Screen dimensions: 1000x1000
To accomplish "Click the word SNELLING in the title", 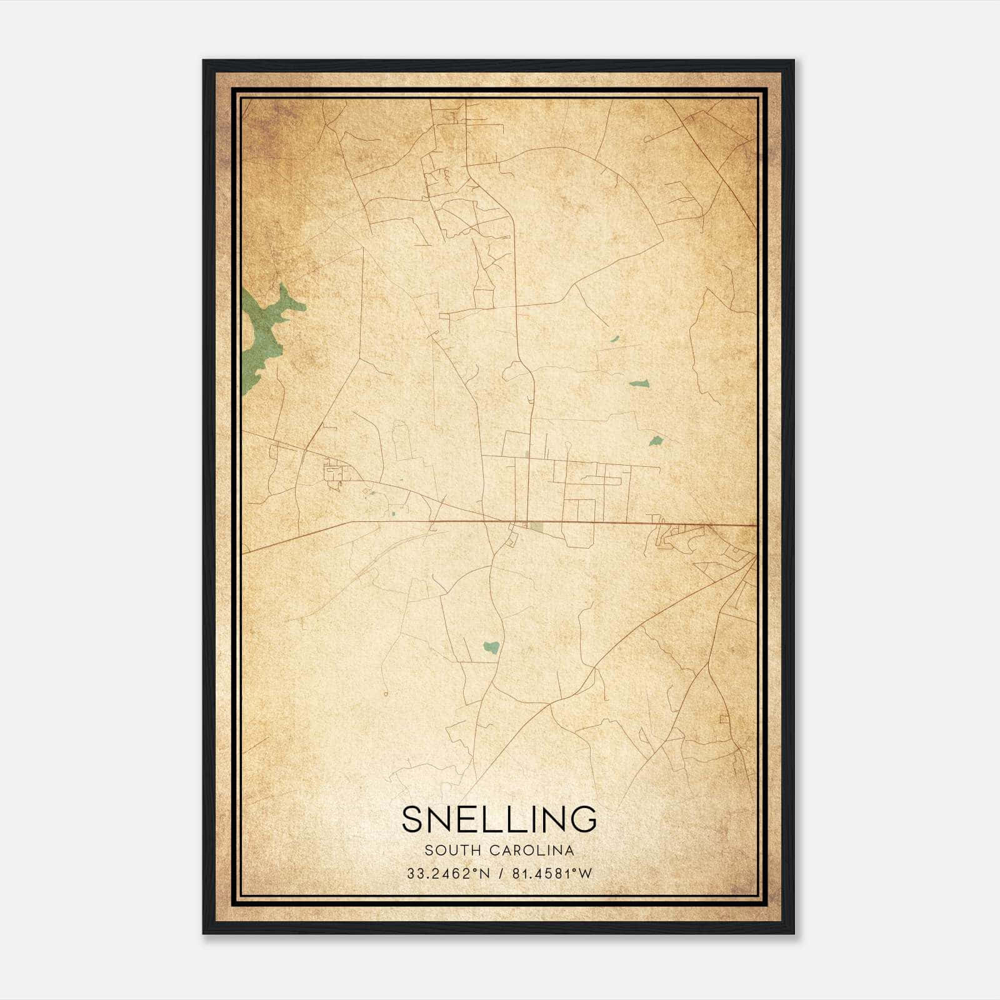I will [x=499, y=819].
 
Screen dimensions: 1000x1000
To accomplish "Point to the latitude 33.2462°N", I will [x=448, y=874].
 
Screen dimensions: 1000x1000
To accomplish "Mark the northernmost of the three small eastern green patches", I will [x=614, y=339].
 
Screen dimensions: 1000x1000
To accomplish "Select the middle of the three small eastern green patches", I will [x=639, y=384].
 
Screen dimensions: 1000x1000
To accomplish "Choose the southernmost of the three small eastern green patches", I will [x=656, y=441].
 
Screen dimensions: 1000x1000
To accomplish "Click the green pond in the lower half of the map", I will [x=492, y=646].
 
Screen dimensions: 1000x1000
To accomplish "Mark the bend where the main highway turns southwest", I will [x=350, y=521].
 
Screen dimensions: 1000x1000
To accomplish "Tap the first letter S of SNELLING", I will [x=413, y=819].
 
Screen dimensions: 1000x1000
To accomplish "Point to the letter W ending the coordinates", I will [x=584, y=874].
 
